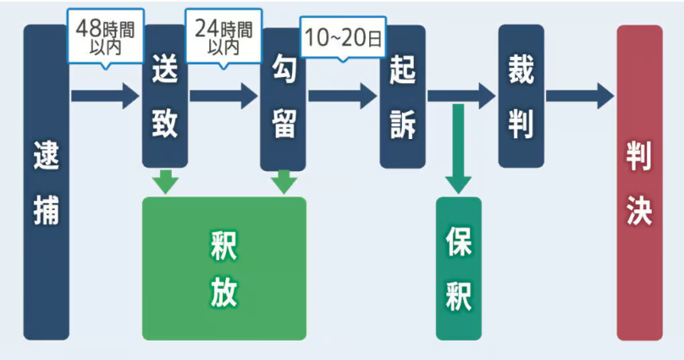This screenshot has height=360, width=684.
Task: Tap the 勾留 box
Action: pos(283,100)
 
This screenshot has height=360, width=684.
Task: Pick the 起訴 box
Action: pos(402,97)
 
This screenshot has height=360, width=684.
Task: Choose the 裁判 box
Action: pos(521,96)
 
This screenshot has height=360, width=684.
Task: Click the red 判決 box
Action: pos(639,182)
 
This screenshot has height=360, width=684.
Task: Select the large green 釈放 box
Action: pos(224,268)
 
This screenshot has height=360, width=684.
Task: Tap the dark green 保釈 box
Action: pos(458,268)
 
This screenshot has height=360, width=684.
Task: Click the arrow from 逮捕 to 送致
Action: pos(104,96)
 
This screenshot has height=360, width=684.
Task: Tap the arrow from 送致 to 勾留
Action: pos(223,96)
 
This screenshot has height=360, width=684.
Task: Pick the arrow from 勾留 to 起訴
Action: pos(342,96)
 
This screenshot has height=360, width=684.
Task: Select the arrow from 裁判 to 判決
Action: pos(579,96)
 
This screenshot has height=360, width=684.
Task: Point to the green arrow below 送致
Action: pos(166,181)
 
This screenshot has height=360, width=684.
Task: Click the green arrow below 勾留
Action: pos(284,181)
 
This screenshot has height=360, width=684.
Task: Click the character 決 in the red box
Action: pos(639,212)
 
